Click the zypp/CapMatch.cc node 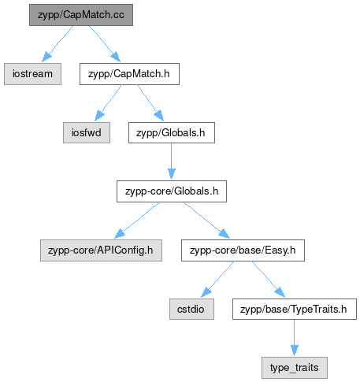pos(81,15)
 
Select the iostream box pos(32,74)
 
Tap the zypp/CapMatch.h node pos(129,74)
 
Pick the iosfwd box pos(87,132)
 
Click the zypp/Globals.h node pos(172,132)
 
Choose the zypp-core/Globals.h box pos(172,191)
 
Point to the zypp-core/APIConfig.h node pos(101,250)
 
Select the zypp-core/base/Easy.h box pos(243,250)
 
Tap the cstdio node pos(191,309)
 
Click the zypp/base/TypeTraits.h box pos(295,309)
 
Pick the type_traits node pos(295,368)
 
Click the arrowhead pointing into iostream pos(46,57)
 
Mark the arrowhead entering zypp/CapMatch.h pos(116,57)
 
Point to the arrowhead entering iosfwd pos(99,116)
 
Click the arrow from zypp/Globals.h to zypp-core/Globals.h pos(172,161)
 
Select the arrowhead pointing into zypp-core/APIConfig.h pos(120,234)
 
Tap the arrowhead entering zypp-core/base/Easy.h pos(225,234)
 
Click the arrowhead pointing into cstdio pos(206,292)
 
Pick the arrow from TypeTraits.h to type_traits pos(295,338)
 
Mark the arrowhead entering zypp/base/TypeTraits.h pos(280,292)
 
